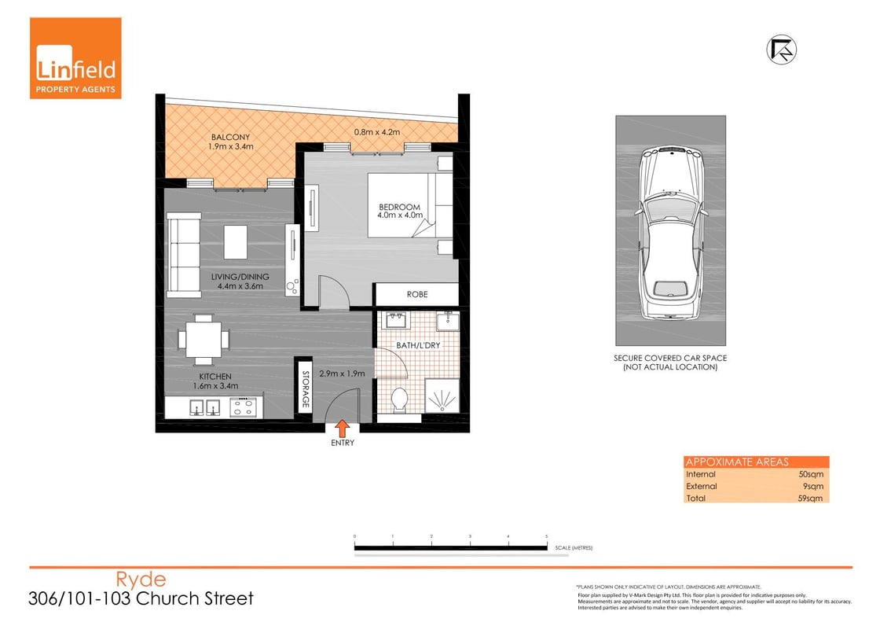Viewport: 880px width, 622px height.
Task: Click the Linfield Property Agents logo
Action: click(75, 58)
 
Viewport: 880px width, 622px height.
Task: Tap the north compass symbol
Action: click(781, 49)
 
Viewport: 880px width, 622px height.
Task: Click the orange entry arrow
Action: click(343, 428)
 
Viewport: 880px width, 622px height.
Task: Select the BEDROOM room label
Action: click(399, 207)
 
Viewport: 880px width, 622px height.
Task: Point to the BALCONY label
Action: click(230, 138)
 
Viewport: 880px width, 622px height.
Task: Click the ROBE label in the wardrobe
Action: click(416, 295)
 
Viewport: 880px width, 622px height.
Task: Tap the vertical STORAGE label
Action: click(305, 388)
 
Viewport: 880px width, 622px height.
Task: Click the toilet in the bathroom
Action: click(398, 399)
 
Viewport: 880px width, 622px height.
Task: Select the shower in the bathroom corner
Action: click(442, 396)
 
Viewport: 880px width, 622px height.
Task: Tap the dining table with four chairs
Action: click(203, 339)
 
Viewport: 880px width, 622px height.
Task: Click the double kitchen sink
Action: click(203, 407)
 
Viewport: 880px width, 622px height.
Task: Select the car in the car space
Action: click(670, 234)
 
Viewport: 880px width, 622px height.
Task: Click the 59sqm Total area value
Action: click(810, 498)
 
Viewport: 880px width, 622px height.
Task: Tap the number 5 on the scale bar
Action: click(546, 536)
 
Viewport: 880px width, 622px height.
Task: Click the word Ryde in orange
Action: click(141, 580)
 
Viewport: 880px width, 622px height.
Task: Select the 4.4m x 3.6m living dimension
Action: click(240, 286)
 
